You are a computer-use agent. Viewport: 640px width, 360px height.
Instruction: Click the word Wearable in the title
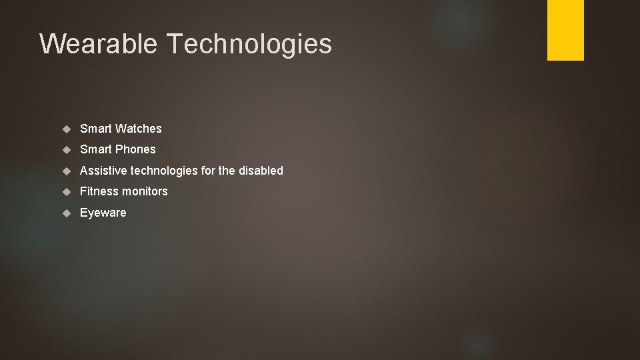[99, 44]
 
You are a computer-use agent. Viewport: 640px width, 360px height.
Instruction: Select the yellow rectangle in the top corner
[565, 29]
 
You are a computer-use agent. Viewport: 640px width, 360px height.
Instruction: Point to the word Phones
[136, 149]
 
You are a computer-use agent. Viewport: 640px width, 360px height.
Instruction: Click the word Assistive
[103, 171]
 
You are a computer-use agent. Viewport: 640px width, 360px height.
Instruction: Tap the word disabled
[261, 171]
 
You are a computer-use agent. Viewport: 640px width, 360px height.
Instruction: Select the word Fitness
[99, 191]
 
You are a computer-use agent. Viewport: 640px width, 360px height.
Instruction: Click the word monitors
[145, 191]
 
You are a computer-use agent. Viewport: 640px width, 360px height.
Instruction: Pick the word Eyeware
[103, 213]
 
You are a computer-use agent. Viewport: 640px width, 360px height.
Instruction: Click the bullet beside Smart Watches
[67, 129]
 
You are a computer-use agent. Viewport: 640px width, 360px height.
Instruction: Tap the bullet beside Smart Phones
[67, 149]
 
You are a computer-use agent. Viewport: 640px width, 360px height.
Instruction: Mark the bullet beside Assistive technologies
[67, 171]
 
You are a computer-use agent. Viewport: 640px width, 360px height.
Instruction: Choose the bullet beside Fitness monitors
[67, 191]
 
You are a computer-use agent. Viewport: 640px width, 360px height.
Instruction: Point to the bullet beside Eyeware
[67, 213]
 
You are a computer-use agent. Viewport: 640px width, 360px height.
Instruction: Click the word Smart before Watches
[95, 128]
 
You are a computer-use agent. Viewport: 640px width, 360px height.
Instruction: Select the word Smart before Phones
[95, 149]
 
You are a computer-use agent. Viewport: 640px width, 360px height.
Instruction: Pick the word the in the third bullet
[227, 171]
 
